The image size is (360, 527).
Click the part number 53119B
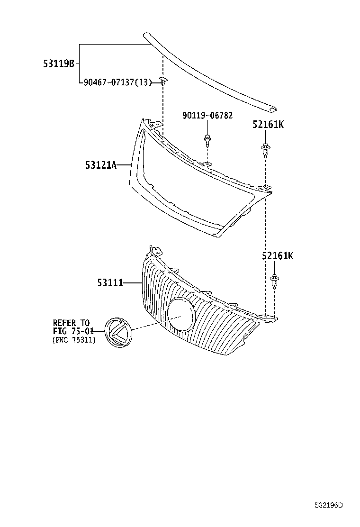(x=59, y=63)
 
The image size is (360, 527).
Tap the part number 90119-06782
(x=207, y=116)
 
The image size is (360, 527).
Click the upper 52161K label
(x=268, y=125)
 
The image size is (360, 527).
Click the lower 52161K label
(x=277, y=256)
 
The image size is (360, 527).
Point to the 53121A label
(x=101, y=164)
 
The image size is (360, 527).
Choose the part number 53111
(x=110, y=283)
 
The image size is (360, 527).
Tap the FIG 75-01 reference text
(x=73, y=331)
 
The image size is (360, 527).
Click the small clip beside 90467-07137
(x=162, y=81)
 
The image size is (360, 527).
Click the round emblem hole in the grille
(x=180, y=314)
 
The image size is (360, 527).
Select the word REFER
(x=65, y=323)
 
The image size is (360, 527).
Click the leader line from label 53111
(x=133, y=283)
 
